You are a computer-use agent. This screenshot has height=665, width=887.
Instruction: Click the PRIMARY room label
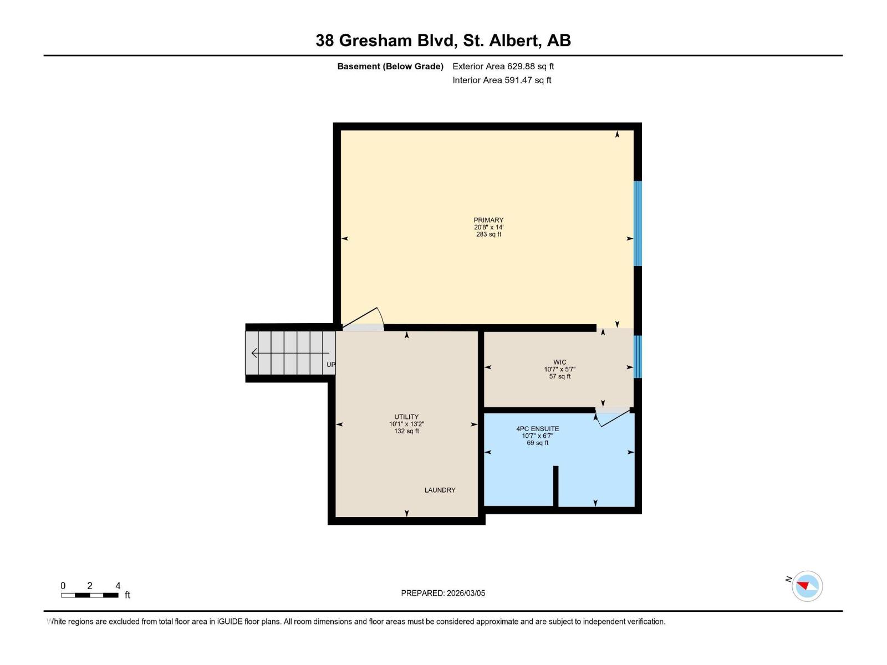pos(488,220)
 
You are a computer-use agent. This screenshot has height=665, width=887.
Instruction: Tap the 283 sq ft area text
pos(488,234)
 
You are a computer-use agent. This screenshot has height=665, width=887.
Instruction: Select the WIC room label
pos(559,362)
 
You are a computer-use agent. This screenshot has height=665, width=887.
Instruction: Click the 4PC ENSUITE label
pos(537,429)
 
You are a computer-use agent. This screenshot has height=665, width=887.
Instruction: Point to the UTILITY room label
pos(406,417)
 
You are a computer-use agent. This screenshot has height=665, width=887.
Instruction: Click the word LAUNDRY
pos(440,490)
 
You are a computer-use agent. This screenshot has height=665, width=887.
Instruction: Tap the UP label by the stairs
pos(331,365)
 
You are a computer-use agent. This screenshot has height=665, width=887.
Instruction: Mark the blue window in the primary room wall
pos(638,223)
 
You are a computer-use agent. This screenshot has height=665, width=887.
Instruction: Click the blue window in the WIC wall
pos(638,357)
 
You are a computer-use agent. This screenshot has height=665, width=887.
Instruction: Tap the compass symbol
pos(807,586)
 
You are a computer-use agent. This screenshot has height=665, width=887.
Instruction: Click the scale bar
pos(90,595)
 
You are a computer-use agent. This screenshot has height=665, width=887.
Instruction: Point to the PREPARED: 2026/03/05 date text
pos(443,593)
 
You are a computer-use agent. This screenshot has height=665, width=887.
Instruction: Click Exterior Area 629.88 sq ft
pos(503,66)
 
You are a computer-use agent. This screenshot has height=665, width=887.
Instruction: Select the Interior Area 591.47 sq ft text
pos(502,80)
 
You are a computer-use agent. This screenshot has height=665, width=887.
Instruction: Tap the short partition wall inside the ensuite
pos(555,485)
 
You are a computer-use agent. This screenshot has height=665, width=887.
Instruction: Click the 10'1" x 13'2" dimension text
pos(406,424)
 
